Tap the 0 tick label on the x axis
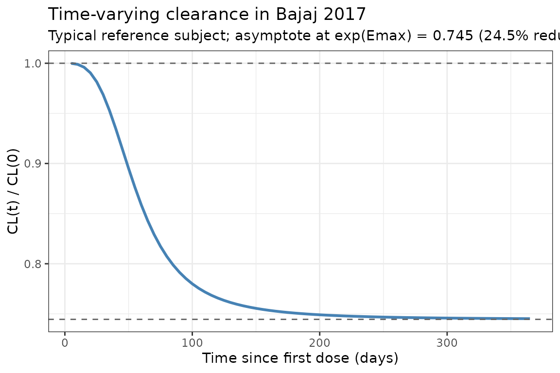click(65, 342)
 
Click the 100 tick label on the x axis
click(192, 342)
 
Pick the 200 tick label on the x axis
click(319, 342)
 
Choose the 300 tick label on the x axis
click(447, 342)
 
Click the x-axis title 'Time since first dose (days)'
click(300, 358)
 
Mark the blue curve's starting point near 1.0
click(72, 63)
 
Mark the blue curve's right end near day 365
click(529, 319)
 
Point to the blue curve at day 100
click(192, 283)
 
